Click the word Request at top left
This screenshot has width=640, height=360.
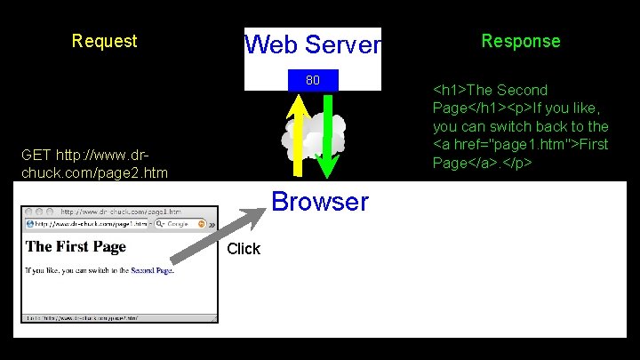pyautogui.click(x=104, y=41)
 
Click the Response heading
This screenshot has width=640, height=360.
pyautogui.click(x=520, y=41)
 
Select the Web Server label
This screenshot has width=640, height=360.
pyautogui.click(x=312, y=44)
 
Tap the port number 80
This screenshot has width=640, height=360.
pyautogui.click(x=313, y=81)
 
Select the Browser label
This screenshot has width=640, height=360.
pyautogui.click(x=319, y=202)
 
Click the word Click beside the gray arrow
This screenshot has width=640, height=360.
pyautogui.click(x=244, y=249)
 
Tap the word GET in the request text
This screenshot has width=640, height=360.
pyautogui.click(x=36, y=155)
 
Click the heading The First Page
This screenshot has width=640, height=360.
pyautogui.click(x=76, y=246)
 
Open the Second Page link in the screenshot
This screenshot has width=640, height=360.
pyautogui.click(x=151, y=269)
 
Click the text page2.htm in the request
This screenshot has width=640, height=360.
pyautogui.click(x=133, y=171)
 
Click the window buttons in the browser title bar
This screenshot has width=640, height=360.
pyautogui.click(x=39, y=212)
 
